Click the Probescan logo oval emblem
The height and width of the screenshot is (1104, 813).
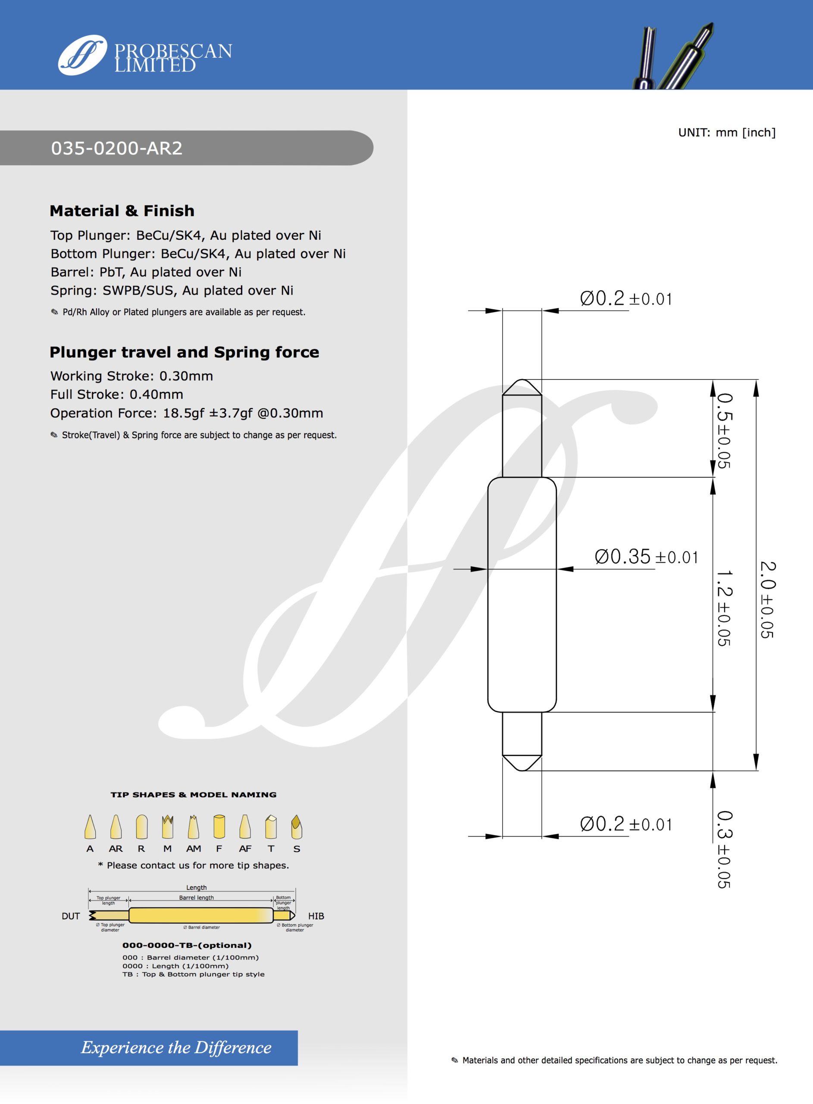[82, 55]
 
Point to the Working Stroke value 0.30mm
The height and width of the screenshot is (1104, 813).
[186, 376]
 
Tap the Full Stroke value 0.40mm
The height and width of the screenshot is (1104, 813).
[156, 395]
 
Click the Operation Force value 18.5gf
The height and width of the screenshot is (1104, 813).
[183, 414]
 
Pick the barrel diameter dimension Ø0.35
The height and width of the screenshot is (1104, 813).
[622, 557]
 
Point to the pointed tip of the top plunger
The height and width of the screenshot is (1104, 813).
[522, 380]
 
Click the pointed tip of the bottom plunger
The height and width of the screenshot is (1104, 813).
[522, 770]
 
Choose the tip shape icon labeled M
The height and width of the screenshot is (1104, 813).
[167, 827]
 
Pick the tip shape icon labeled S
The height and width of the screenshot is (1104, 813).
[296, 827]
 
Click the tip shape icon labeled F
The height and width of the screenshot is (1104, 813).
[219, 827]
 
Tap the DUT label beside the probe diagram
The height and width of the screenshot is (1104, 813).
[71, 916]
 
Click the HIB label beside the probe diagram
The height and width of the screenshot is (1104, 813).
[316, 916]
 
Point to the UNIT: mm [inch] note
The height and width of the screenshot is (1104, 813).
[726, 132]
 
